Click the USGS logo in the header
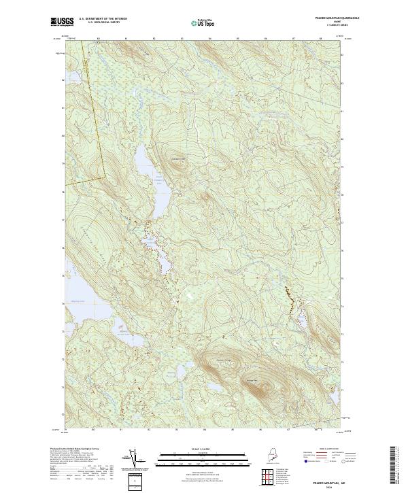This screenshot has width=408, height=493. click(61, 22)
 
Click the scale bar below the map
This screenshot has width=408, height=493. click(202, 460)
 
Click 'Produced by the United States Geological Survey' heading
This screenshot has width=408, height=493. click(75, 449)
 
